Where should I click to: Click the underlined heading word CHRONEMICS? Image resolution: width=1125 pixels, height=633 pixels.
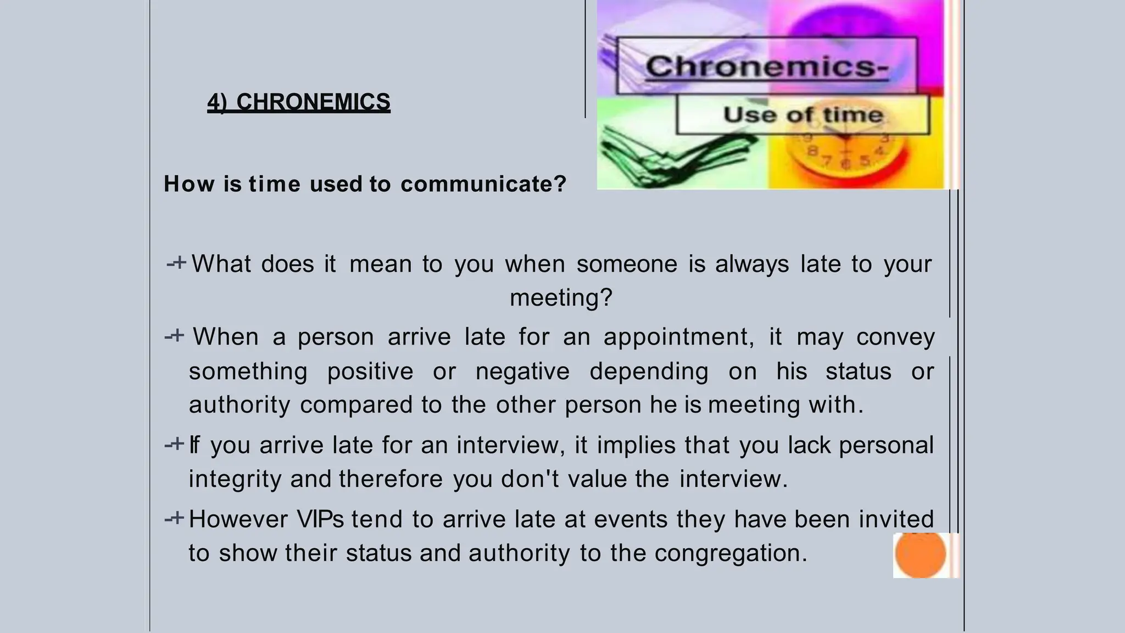click(313, 102)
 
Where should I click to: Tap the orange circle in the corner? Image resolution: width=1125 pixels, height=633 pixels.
click(920, 554)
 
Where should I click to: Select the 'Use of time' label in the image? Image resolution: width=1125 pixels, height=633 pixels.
click(803, 115)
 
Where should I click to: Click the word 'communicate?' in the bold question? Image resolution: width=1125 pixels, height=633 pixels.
click(483, 184)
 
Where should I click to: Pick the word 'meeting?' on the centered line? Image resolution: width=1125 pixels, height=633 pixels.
click(561, 298)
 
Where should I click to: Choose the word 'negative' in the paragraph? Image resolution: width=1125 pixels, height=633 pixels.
click(522, 371)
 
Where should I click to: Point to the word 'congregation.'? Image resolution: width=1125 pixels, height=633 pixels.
click(731, 553)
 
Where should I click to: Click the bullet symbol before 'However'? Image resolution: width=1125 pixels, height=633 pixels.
click(175, 518)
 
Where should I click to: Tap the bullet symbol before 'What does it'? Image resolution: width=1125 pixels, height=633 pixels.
click(177, 263)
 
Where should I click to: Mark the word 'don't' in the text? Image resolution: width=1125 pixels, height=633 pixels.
click(530, 479)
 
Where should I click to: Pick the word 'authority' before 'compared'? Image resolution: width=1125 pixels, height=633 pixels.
click(239, 405)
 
